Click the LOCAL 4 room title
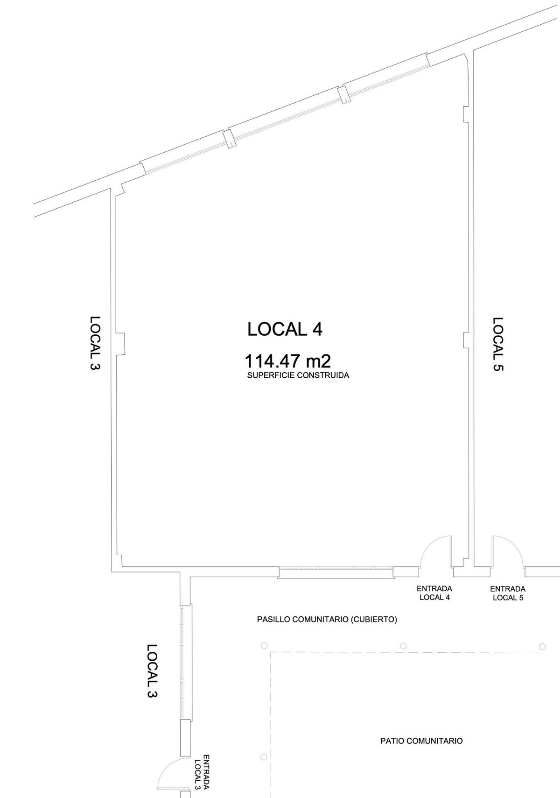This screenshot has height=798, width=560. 285,330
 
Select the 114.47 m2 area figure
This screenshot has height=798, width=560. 287,361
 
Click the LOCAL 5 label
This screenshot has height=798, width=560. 498,344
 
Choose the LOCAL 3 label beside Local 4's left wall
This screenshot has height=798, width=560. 95,343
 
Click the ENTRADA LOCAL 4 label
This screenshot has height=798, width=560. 434,593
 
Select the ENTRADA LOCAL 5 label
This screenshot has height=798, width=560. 508,593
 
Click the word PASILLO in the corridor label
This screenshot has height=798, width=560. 273,620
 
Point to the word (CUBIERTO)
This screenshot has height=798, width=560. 373,620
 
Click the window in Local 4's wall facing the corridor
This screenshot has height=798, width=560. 336,572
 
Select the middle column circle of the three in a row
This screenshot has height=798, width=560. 403,646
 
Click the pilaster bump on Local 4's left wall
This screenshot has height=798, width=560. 120,344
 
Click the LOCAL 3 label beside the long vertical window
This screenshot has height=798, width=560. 152,670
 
